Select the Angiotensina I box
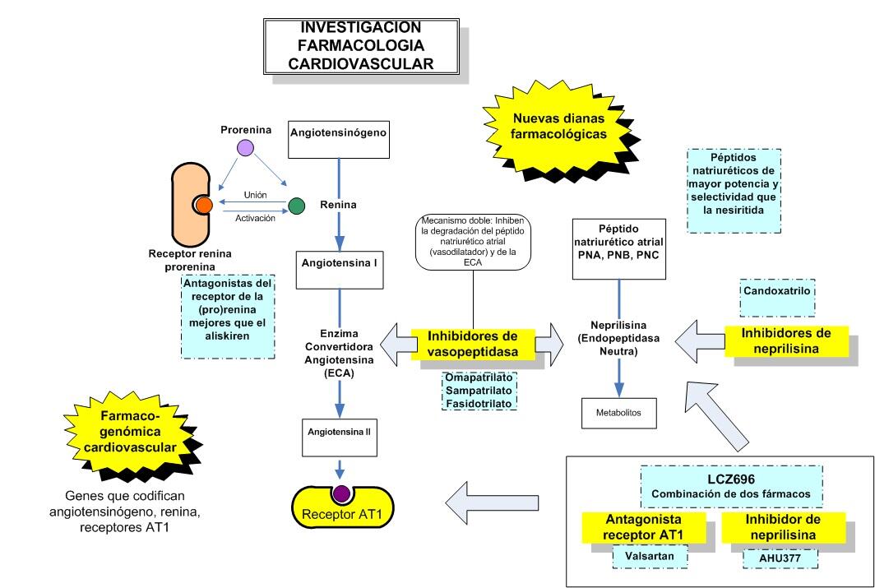[x=340, y=266]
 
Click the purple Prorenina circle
[x=244, y=149]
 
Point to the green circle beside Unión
[x=296, y=206]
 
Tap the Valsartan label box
[x=644, y=555]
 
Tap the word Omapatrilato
[x=479, y=378]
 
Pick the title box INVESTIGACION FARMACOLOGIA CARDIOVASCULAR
[x=363, y=47]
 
